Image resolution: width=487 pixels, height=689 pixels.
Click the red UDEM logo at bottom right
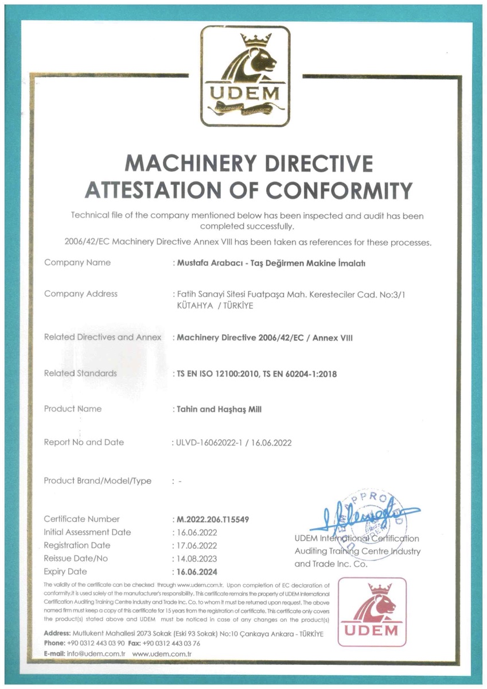click(372, 613)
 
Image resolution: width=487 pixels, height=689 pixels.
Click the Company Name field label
click(77, 262)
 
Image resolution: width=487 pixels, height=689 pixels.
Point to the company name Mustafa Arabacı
click(211, 263)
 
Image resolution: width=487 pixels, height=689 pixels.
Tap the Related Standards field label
click(80, 373)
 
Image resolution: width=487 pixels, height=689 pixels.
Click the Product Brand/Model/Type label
click(98, 481)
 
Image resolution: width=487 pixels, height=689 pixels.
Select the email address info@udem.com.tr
click(89, 654)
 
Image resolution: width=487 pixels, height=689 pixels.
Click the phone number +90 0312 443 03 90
click(96, 644)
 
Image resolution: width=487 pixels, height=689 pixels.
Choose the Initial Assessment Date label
click(87, 532)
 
